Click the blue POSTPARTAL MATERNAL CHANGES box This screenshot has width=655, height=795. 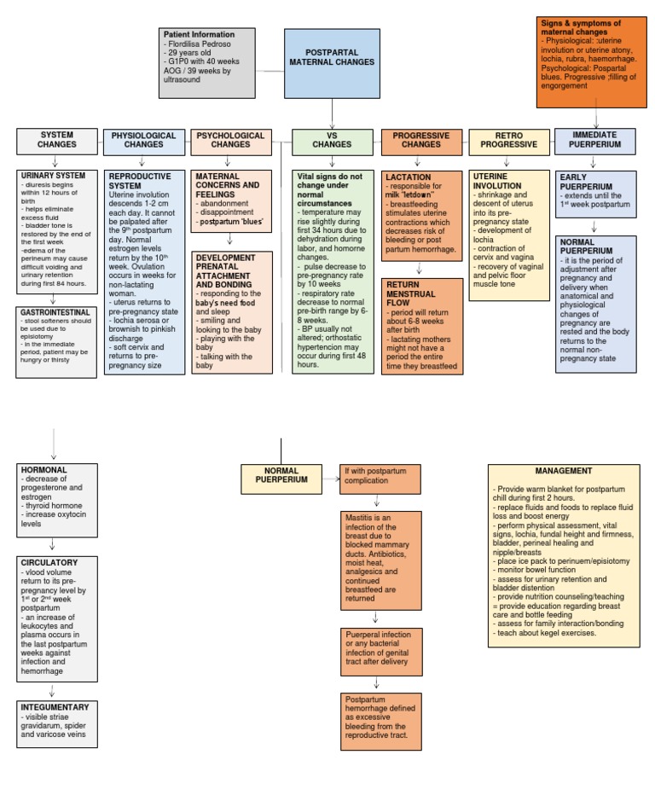point(332,58)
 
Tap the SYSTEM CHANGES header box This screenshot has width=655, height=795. point(57,141)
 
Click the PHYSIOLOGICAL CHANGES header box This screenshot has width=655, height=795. point(144,141)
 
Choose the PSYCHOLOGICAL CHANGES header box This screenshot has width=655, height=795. point(230,141)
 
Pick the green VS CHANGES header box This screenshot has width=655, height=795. point(332,141)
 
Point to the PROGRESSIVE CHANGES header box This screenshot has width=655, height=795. point(421,141)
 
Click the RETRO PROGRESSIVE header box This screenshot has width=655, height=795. point(509,141)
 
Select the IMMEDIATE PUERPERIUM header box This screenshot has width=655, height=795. point(595,141)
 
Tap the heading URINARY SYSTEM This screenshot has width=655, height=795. point(54,176)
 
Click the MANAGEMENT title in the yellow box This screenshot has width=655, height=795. point(564,471)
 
